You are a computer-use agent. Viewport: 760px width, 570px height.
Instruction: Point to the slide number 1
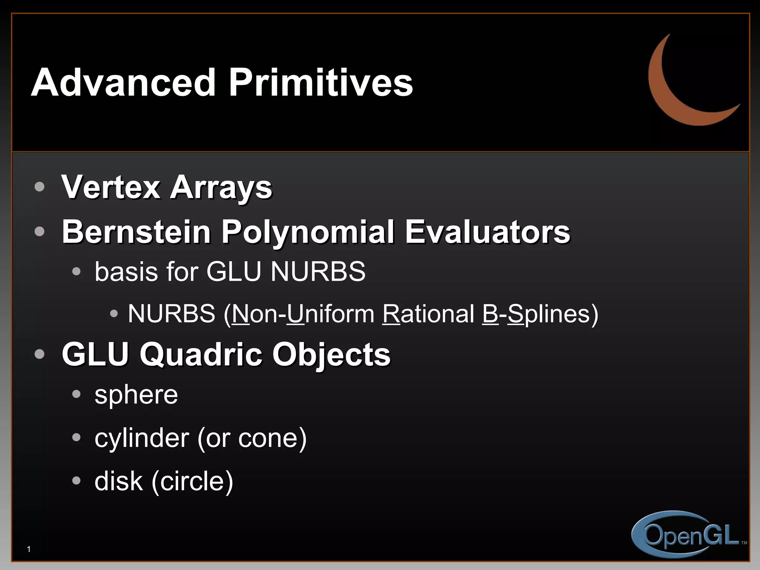[29, 549]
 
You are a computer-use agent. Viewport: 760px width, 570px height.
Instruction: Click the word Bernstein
[137, 232]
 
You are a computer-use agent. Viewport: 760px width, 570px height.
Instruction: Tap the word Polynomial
[308, 232]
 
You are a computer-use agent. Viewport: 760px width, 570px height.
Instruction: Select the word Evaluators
[487, 232]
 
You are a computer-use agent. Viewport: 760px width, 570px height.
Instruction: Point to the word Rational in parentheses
[428, 314]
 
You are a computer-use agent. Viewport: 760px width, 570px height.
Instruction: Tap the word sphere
[136, 395]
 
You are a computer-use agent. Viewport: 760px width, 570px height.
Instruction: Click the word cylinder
[142, 438]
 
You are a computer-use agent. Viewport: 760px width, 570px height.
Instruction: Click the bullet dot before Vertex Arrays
[39, 187]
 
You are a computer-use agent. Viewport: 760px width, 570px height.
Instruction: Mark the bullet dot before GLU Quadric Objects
[39, 354]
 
